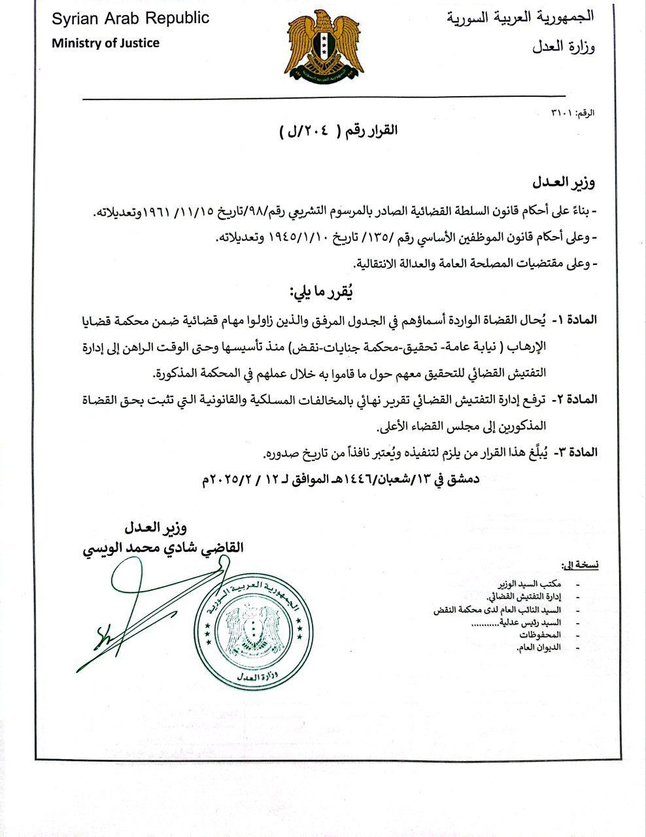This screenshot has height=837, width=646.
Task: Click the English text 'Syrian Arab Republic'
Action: [x=131, y=18]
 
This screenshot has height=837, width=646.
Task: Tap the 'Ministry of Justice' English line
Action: [x=105, y=43]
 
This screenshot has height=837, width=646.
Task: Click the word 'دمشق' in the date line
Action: [x=463, y=479]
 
